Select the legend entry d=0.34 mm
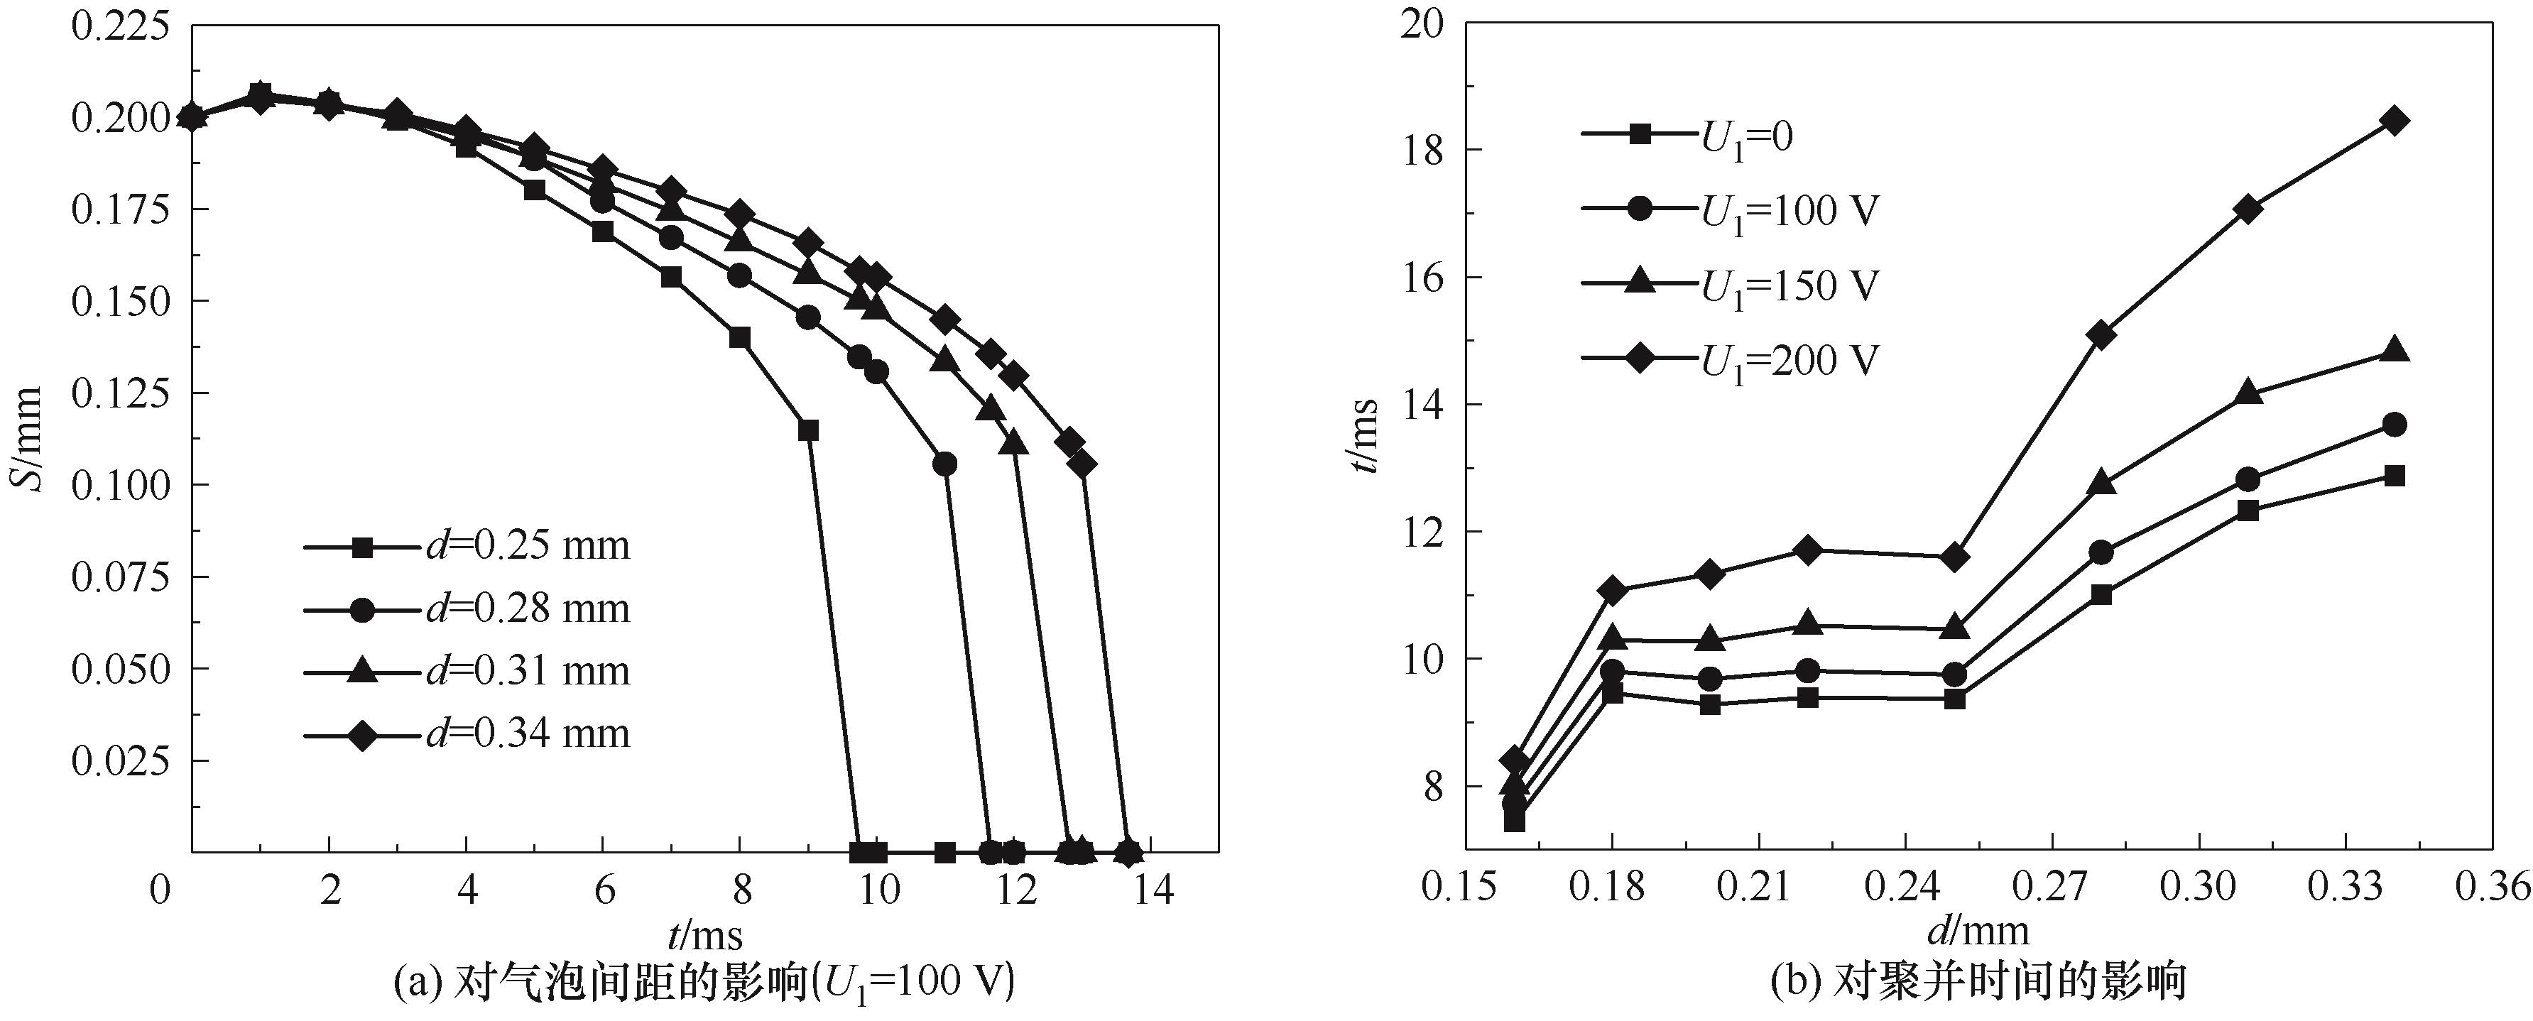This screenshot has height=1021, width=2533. [x=467, y=733]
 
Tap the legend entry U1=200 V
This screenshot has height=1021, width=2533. [x=1731, y=361]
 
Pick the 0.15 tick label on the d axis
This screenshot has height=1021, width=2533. [x=1464, y=888]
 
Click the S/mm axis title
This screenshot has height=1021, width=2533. [x=30, y=439]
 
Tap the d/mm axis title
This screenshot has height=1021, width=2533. [x=1978, y=931]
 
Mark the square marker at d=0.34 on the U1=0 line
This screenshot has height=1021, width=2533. [x=2395, y=476]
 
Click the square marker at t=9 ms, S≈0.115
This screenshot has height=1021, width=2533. [x=808, y=430]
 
